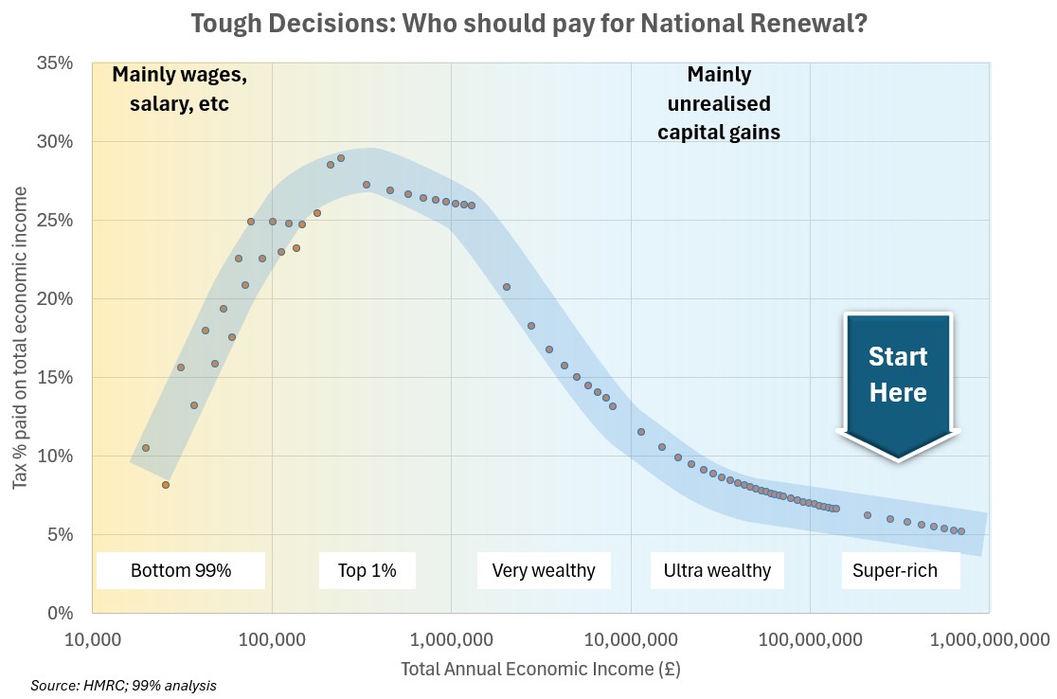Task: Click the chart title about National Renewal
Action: [528, 23]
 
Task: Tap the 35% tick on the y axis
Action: [55, 63]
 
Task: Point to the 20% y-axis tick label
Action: [55, 299]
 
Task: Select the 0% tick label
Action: [60, 613]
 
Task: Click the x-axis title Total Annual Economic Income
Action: [541, 669]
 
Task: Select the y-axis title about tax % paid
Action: [21, 338]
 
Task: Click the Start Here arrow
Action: [898, 379]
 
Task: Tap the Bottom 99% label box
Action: [181, 570]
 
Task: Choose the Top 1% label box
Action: [367, 570]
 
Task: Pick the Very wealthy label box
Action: [544, 570]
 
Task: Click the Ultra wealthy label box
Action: [717, 570]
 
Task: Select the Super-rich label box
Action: [895, 570]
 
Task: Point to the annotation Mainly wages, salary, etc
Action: [179, 88]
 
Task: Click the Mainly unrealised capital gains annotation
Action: [719, 102]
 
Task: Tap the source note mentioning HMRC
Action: [123, 685]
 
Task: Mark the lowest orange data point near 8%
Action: [165, 485]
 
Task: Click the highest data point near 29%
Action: [341, 158]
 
